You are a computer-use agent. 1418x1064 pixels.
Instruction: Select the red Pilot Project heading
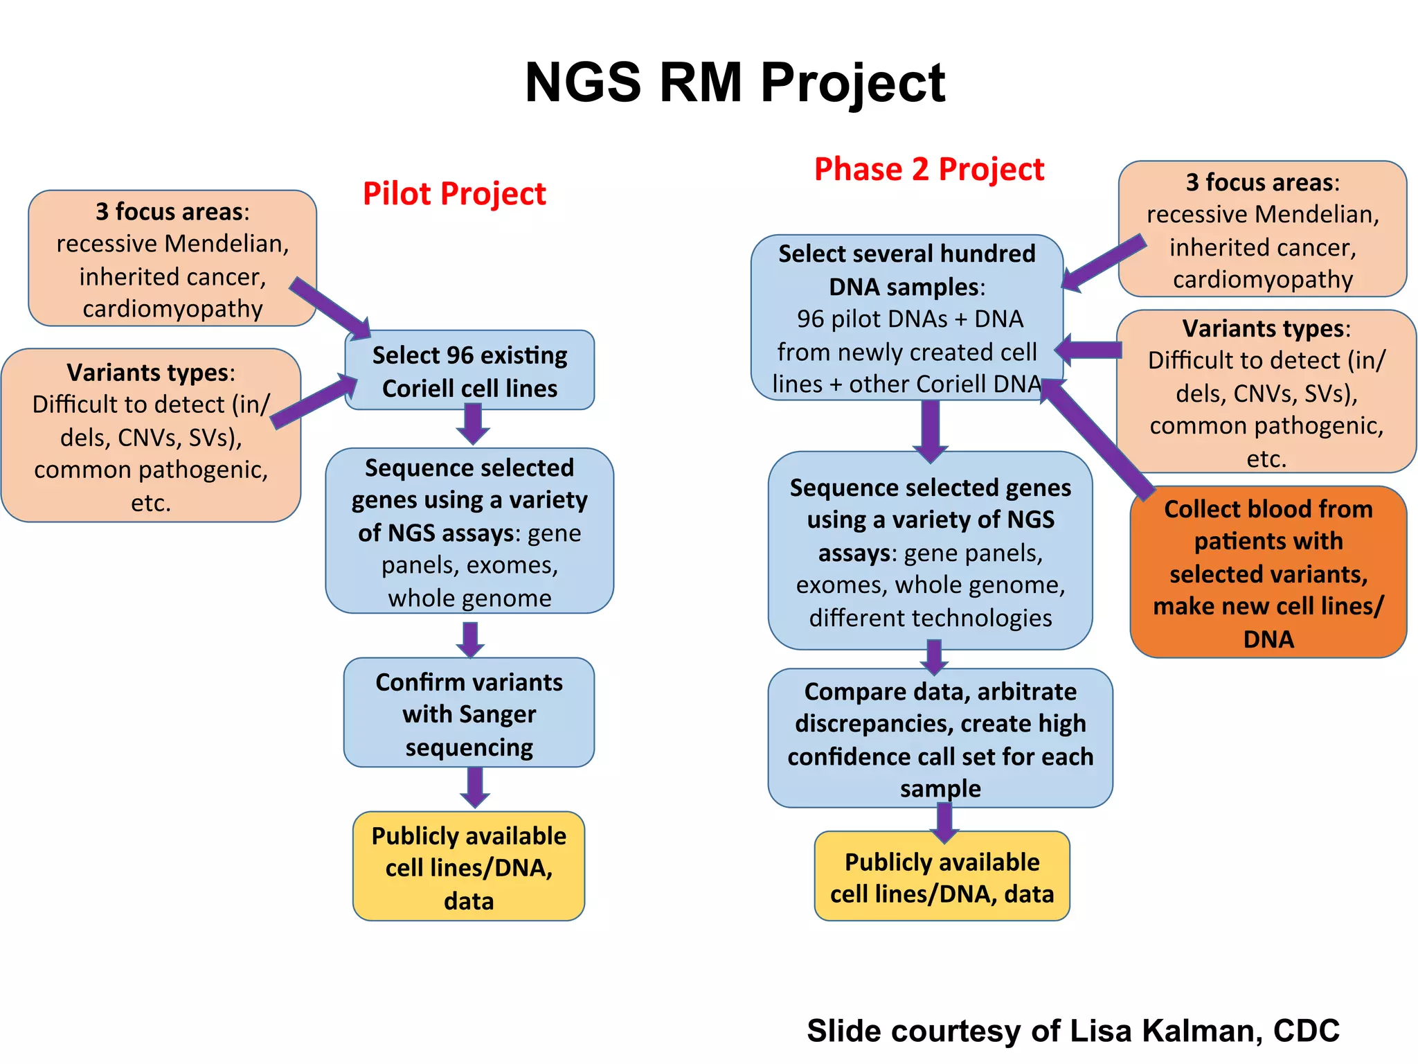pyautogui.click(x=454, y=194)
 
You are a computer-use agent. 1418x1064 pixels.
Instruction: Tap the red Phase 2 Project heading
pyautogui.click(x=928, y=170)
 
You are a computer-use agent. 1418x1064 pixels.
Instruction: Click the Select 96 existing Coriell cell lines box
pyautogui.click(x=469, y=371)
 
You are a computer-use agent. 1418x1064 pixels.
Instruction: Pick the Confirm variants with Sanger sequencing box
pyautogui.click(x=469, y=713)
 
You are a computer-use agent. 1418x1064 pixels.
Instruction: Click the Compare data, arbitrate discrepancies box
pyautogui.click(x=940, y=738)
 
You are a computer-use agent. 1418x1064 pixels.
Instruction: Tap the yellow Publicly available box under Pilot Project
pyautogui.click(x=469, y=867)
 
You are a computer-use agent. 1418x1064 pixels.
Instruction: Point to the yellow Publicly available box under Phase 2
pyautogui.click(x=942, y=877)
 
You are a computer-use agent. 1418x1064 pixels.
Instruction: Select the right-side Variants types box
pyautogui.click(x=1266, y=392)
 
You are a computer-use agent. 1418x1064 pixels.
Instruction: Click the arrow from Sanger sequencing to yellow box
pyautogui.click(x=475, y=788)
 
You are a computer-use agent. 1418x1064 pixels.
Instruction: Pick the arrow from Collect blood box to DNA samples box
pyautogui.click(x=1097, y=436)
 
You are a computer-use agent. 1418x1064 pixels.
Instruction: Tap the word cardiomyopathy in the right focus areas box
pyautogui.click(x=1262, y=280)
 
